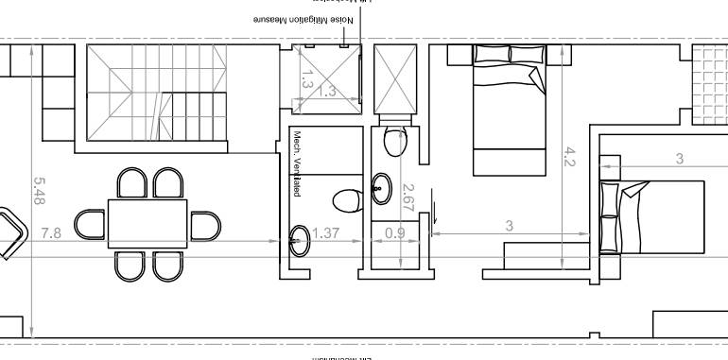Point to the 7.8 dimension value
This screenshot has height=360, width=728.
pos(50,233)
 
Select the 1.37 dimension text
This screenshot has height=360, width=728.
pos(325,233)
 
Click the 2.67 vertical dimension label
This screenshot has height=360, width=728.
pos(408,195)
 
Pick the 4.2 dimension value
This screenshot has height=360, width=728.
pos(569,156)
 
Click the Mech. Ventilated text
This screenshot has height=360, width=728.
pos(297,164)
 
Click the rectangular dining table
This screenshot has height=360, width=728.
pos(147,223)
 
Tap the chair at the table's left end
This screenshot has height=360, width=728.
pos(91,225)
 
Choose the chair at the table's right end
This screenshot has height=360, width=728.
pos(204,225)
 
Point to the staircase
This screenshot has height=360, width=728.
pos(157,94)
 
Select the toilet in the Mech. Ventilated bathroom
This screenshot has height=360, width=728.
pos(346,200)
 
